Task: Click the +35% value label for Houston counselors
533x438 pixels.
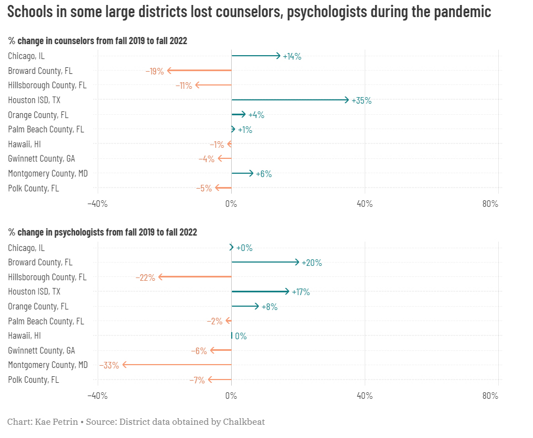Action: (x=361, y=100)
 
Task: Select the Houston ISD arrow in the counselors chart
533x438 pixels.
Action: (x=290, y=100)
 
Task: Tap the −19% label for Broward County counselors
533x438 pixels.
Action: (x=155, y=71)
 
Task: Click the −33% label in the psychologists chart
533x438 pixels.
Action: (x=109, y=365)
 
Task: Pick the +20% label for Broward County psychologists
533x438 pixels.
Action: (x=312, y=263)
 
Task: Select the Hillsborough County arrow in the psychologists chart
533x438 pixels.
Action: (x=195, y=277)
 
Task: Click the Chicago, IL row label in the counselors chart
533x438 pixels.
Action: (x=26, y=56)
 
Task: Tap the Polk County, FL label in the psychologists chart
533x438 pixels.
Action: (x=34, y=380)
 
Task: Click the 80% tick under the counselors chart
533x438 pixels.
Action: (x=490, y=204)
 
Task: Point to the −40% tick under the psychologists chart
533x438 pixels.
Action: (x=98, y=396)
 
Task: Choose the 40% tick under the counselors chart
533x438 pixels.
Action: (x=365, y=204)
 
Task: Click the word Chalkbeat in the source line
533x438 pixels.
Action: (x=244, y=422)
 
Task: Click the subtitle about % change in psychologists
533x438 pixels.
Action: (x=103, y=232)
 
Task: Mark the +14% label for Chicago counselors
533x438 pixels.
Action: (x=292, y=56)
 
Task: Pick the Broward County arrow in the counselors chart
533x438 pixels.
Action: (x=199, y=71)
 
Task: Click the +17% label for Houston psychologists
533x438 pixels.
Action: (x=301, y=292)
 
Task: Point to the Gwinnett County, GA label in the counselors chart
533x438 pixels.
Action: (x=41, y=159)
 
